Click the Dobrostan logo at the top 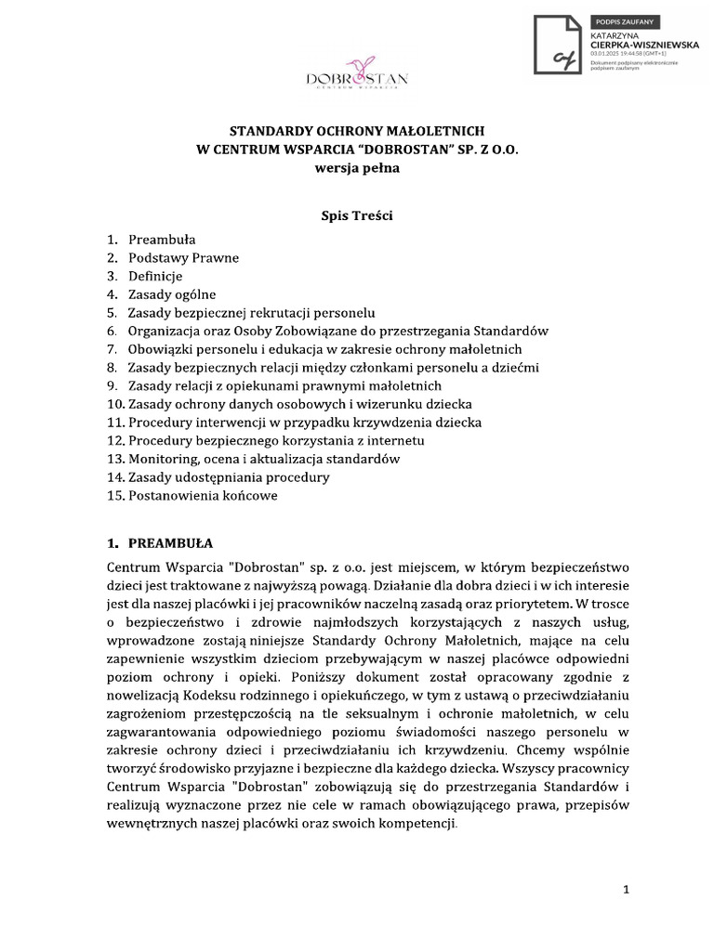[x=357, y=79]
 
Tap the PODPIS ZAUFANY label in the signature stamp [x=619, y=21]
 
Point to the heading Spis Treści [x=357, y=215]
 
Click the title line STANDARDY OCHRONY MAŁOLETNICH [x=357, y=132]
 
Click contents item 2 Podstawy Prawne [x=183, y=257]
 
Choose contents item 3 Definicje [x=155, y=276]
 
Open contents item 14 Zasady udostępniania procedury [x=229, y=477]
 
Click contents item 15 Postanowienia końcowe [x=203, y=496]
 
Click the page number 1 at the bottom [x=626, y=890]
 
